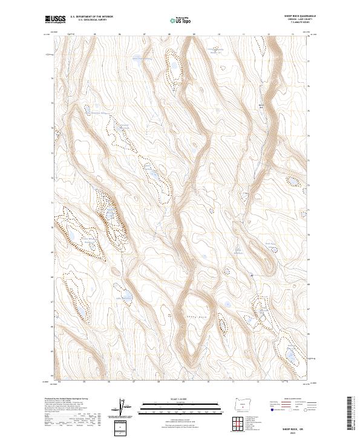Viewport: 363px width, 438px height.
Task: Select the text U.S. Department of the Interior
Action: (91, 18)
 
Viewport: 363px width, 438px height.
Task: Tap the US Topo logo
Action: (181, 20)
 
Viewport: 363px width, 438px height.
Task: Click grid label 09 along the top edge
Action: (194, 34)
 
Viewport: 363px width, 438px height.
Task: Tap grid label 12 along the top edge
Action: (267, 34)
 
